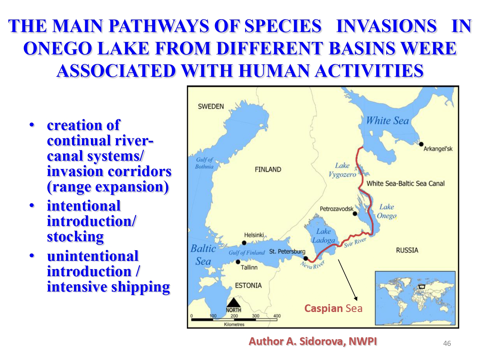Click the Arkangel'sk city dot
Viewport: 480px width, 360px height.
(421, 144)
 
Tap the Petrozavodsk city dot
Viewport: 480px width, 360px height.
(355, 213)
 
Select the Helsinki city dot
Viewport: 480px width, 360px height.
(244, 243)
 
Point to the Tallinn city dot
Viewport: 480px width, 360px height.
(238, 262)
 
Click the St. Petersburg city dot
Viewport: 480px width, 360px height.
(306, 259)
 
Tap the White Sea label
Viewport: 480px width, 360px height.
(387, 121)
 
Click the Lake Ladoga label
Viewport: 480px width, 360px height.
(324, 236)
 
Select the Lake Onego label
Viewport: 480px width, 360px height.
(387, 212)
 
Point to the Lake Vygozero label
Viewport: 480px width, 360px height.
(342, 170)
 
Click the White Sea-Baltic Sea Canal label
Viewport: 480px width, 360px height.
(405, 183)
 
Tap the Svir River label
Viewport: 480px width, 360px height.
(355, 243)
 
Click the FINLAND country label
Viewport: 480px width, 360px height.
(268, 169)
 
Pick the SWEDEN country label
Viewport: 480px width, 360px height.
(211, 107)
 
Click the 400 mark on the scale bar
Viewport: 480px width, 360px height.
(277, 316)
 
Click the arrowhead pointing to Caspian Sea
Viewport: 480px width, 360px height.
(356, 299)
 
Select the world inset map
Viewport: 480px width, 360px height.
(415, 298)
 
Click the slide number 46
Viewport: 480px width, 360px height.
(447, 343)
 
